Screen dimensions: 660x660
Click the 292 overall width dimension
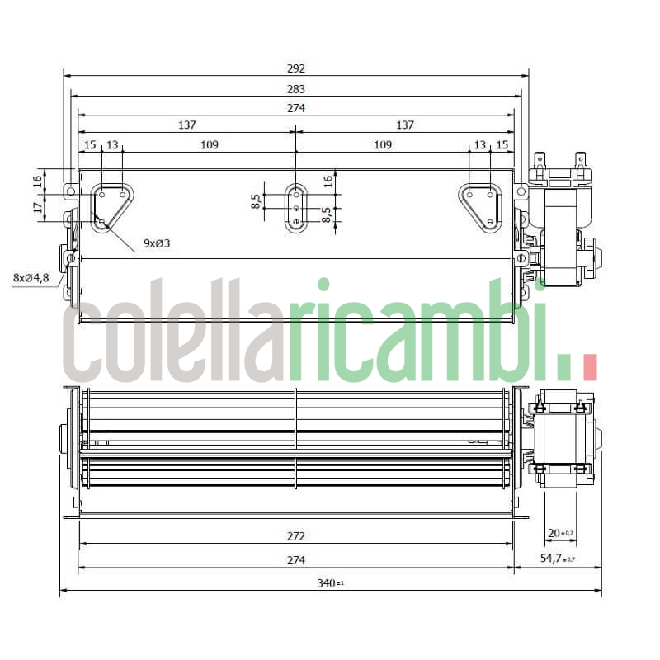[296, 69]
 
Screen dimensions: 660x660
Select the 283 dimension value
[296, 89]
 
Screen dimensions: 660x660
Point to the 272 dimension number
[296, 536]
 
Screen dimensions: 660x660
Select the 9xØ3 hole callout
[157, 243]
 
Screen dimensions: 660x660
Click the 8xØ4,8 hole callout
[31, 277]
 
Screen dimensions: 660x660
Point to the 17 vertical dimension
[37, 208]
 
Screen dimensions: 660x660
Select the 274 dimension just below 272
[296, 561]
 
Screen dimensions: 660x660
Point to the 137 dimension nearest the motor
[404, 125]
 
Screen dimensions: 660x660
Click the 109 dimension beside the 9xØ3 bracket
[209, 145]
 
